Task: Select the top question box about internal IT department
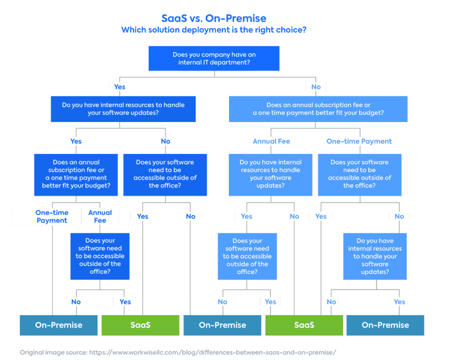click(x=214, y=59)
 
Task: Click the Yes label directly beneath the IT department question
click(x=119, y=87)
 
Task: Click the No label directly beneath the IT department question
click(x=316, y=87)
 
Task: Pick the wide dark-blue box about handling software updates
click(x=123, y=108)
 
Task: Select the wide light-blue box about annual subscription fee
click(x=318, y=108)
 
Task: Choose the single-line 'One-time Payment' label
click(x=359, y=141)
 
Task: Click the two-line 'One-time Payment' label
click(x=51, y=216)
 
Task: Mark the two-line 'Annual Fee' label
click(x=100, y=216)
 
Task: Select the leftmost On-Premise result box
click(x=58, y=325)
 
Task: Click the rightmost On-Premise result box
click(x=385, y=325)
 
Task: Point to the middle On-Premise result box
click(x=222, y=325)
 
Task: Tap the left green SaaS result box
click(x=140, y=325)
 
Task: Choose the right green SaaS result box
click(x=303, y=325)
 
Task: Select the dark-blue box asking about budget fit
click(x=76, y=174)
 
